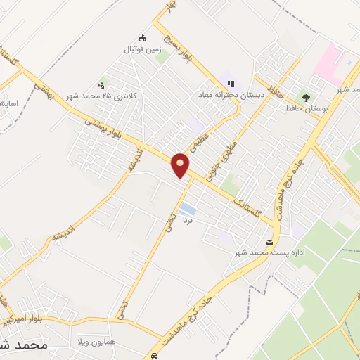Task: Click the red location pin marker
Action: [181, 165]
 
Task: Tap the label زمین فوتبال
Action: [143, 50]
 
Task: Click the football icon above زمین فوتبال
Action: [143, 38]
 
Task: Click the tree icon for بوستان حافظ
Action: [305, 97]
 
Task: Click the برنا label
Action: [187, 221]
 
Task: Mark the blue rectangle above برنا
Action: [187, 210]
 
